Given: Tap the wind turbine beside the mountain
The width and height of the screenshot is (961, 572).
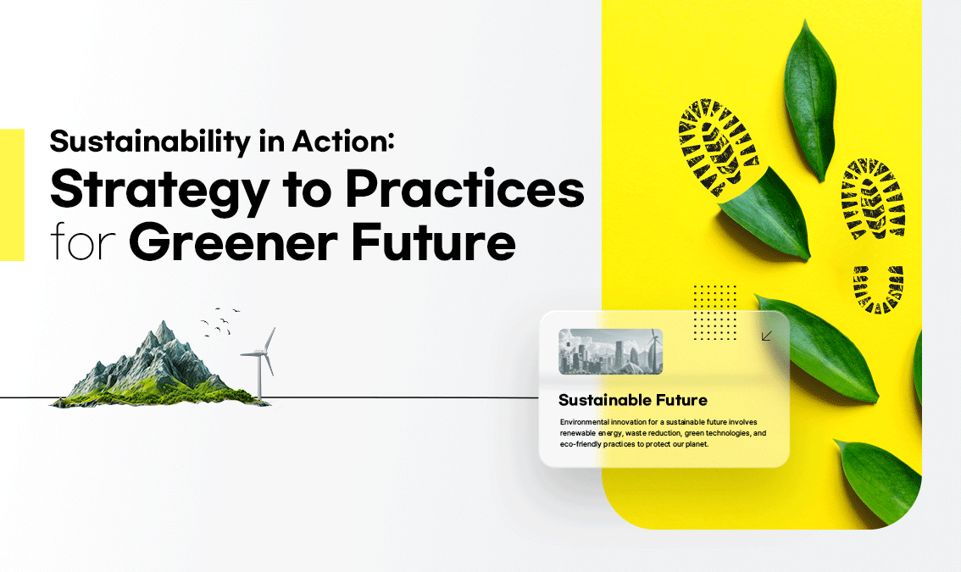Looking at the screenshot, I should click(260, 363).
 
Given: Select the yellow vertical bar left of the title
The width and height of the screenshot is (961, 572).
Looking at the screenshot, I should click(12, 194).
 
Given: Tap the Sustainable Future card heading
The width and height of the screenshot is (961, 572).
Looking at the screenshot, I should click(632, 400).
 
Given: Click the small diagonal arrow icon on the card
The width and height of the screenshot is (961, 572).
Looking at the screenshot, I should click(766, 336).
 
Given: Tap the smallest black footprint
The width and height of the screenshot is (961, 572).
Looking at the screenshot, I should click(878, 289).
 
